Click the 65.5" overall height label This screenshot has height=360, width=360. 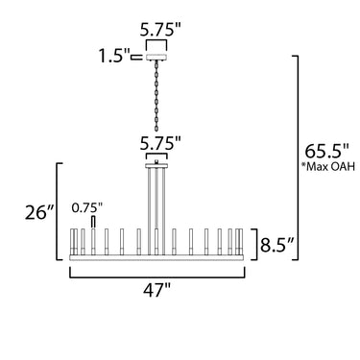point(325,151)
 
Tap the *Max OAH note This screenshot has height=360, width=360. point(328,166)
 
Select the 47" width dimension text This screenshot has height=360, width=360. point(156,290)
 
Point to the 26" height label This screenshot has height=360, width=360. point(40,212)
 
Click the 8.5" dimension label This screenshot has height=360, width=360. point(276,245)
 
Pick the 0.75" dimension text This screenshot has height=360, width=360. point(86,207)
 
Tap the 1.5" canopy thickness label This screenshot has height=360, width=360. point(113,57)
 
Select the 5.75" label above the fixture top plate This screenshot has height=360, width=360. point(160,143)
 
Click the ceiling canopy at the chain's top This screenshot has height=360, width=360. point(156,58)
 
